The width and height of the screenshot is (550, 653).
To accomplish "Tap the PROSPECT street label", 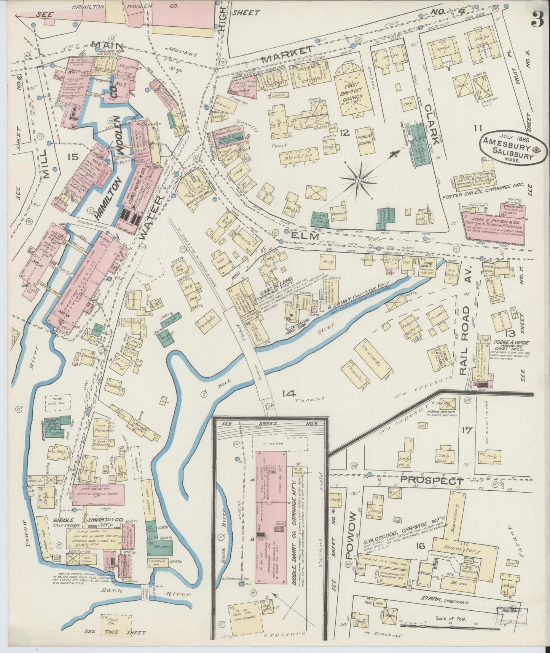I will pos(432,481).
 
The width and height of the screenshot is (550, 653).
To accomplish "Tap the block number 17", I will pos(467,430).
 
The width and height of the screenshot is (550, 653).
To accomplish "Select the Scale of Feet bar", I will pos(437,625).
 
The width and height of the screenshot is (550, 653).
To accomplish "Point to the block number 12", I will pos(345,132).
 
